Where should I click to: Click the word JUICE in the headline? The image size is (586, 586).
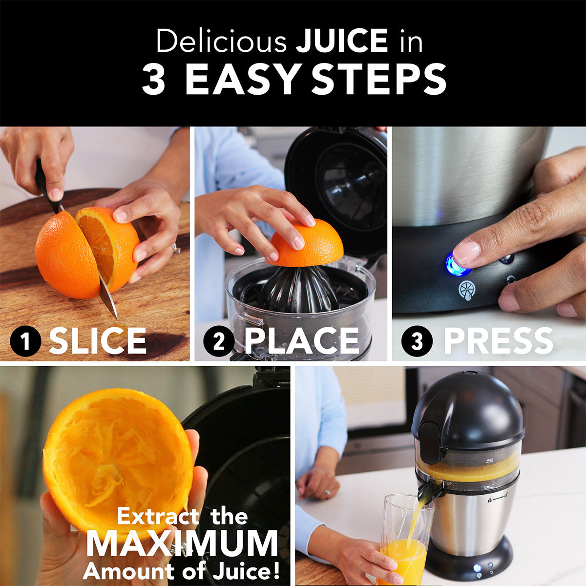coord(341,41)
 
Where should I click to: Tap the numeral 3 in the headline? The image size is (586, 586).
coord(154,80)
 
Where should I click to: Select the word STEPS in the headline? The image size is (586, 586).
coord(379,80)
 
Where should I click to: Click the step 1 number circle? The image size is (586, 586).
coord(25,341)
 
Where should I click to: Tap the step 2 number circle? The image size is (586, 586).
coord(218,341)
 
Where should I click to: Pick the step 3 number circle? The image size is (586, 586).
coord(417,341)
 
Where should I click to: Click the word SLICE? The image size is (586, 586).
coord(98,341)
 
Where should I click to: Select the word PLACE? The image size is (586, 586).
coord(301,341)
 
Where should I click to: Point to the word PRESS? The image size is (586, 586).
coord(498,341)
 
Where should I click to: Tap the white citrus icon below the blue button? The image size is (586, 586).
coord(467,290)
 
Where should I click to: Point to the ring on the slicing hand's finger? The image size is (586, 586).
coord(175,249)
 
